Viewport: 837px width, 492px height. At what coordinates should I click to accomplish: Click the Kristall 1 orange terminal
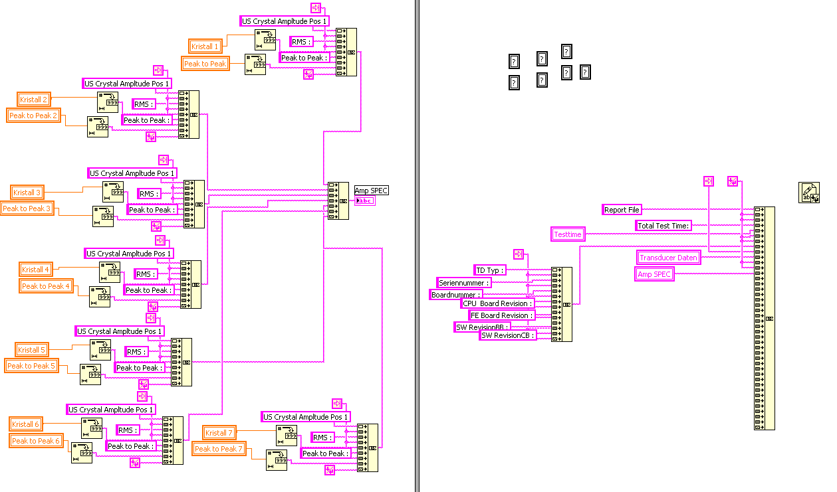[205, 46]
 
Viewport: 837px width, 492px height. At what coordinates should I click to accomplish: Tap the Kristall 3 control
[27, 193]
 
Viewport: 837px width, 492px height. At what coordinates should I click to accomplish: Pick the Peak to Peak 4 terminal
[46, 286]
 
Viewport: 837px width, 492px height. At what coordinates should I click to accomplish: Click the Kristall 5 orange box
[31, 350]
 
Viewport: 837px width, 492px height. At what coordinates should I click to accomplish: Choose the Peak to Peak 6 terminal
[36, 441]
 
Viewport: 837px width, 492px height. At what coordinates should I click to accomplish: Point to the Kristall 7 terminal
[219, 433]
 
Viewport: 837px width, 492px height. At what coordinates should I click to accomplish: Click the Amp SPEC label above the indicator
[371, 191]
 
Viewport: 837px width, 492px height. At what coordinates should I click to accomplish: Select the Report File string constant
[622, 210]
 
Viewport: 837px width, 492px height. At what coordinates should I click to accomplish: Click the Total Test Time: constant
[664, 226]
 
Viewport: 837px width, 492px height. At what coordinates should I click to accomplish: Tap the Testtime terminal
[568, 234]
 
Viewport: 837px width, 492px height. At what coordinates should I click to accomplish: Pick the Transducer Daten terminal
[668, 258]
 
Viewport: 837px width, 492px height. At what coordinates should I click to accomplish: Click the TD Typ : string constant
[490, 270]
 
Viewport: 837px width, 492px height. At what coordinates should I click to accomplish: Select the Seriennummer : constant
[464, 283]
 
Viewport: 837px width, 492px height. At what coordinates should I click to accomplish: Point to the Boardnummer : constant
[456, 294]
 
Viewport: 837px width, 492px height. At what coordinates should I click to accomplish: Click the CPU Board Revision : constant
[497, 303]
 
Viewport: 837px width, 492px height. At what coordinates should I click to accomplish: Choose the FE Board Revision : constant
[501, 315]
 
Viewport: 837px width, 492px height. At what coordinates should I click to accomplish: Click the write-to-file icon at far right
[808, 193]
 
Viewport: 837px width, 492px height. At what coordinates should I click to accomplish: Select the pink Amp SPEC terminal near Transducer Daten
[654, 274]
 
